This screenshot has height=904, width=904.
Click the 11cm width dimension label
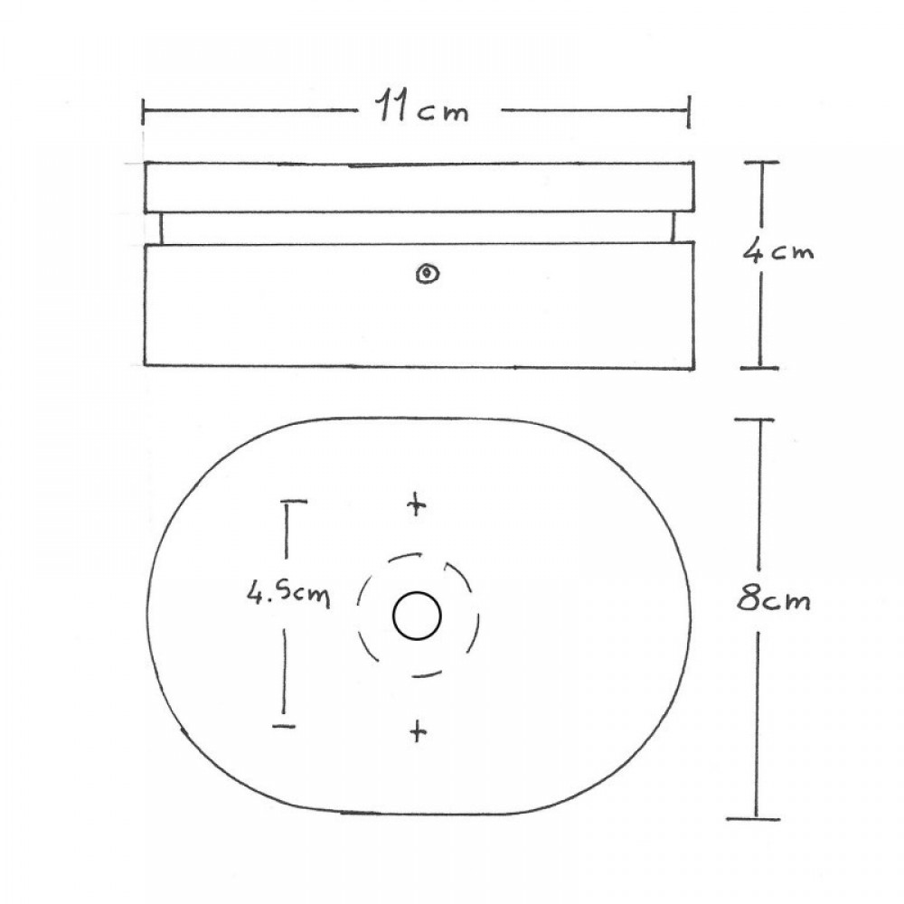point(422,110)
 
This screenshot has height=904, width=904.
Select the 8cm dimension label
point(772,598)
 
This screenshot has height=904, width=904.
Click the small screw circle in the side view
point(424,273)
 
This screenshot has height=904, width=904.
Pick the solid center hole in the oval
point(417,617)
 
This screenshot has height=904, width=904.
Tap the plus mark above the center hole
point(416,504)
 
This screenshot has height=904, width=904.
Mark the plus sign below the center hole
point(416,730)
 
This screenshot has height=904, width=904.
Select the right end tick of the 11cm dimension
point(690,112)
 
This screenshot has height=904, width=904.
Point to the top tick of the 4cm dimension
point(762,163)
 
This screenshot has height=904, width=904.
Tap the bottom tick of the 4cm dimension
point(762,367)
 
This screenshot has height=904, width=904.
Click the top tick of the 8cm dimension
point(753,420)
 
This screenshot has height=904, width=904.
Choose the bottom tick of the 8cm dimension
point(753,818)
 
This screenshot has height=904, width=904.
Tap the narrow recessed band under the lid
point(419,228)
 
